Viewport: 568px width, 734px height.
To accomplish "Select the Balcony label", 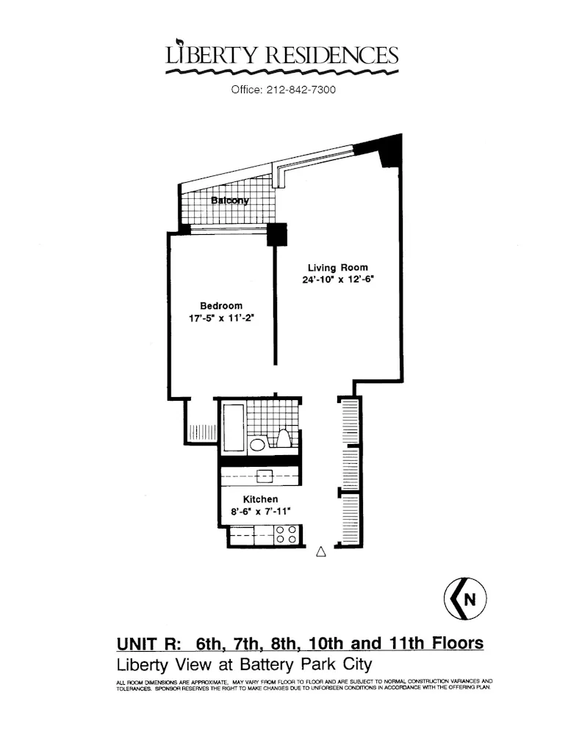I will (230, 200).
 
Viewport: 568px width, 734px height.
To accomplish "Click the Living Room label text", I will (337, 268).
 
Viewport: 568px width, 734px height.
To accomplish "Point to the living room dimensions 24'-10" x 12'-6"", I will (337, 280).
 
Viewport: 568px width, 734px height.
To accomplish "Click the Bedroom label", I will (221, 306).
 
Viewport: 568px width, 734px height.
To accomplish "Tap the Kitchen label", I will (261, 499).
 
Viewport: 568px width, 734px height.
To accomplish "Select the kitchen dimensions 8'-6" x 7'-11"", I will (261, 512).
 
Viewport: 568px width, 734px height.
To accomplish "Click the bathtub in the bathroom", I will (232, 427).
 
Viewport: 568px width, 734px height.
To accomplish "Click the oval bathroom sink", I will (258, 444).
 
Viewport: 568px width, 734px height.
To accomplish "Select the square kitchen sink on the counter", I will (264, 476).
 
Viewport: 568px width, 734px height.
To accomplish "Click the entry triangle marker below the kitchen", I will (320, 553).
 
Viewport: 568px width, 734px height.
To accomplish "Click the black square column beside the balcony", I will (276, 234).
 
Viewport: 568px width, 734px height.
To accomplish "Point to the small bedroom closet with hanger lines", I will (198, 431).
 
